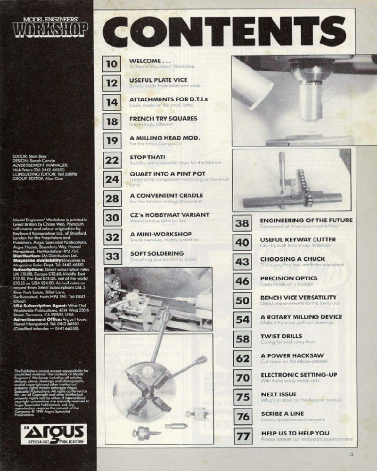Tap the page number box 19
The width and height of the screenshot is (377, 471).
(x=112, y=140)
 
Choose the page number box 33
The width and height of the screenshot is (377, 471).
(x=112, y=257)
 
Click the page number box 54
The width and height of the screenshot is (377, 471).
(x=242, y=320)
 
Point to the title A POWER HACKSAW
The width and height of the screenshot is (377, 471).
(x=286, y=355)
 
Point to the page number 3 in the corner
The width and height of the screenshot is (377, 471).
(x=352, y=455)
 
